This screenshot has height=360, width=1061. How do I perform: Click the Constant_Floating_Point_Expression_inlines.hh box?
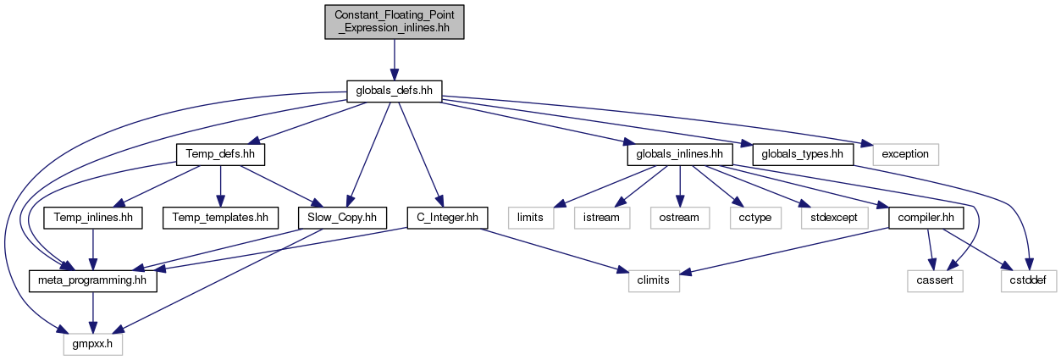click(x=394, y=22)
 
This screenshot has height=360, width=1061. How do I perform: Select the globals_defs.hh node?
click(x=394, y=91)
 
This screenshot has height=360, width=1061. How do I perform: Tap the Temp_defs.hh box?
click(x=220, y=154)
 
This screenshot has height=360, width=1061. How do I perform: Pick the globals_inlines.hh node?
click(x=680, y=154)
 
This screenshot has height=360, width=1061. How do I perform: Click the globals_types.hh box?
click(x=803, y=154)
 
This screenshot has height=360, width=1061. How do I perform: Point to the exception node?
click(x=905, y=154)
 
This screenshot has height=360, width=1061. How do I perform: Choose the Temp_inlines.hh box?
click(x=93, y=218)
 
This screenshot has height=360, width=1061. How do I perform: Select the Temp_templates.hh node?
click(x=220, y=218)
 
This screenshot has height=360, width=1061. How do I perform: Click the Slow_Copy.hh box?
click(x=342, y=218)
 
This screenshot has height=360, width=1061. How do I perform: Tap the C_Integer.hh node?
click(x=448, y=218)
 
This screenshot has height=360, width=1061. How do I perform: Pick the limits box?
click(x=530, y=218)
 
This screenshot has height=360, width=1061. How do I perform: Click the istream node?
click(x=601, y=218)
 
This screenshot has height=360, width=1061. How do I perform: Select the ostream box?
click(x=680, y=218)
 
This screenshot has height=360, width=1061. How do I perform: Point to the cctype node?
click(x=755, y=218)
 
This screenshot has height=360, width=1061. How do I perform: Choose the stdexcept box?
click(x=834, y=218)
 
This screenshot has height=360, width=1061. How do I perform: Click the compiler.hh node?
click(x=926, y=218)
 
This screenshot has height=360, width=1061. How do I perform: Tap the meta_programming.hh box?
click(x=93, y=281)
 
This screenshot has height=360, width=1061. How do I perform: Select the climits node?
click(x=654, y=281)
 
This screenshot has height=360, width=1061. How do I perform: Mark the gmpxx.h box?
click(x=93, y=345)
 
